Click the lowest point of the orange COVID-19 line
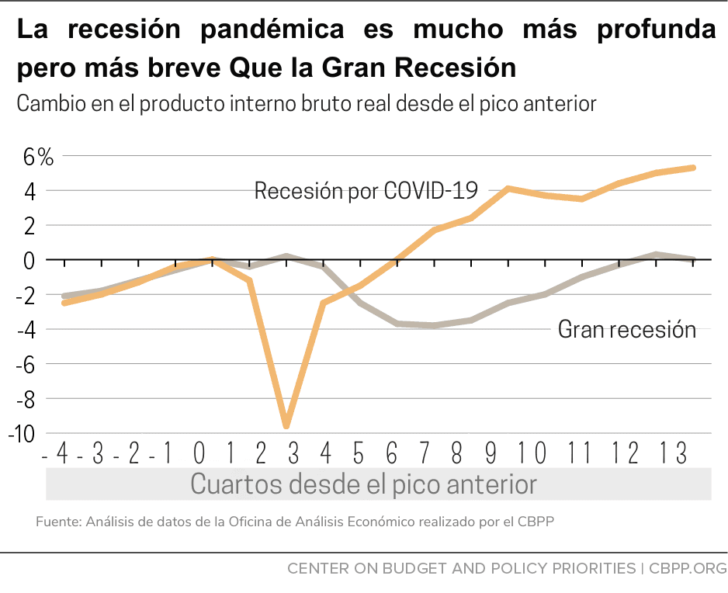point(286,426)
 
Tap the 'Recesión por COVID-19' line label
point(365,190)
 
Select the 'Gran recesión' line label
point(626,329)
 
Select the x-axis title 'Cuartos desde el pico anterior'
point(363,484)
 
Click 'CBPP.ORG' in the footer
point(685,569)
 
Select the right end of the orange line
point(692,168)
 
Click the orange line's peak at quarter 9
point(508,189)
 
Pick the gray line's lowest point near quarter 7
point(434,325)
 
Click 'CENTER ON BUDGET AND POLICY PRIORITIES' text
point(461,569)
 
